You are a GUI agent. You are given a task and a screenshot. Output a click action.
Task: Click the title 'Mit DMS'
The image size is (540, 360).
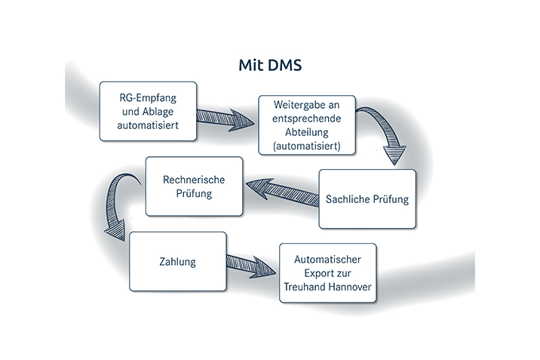269,66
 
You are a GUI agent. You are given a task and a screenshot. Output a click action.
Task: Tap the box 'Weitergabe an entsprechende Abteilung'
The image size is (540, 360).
307,125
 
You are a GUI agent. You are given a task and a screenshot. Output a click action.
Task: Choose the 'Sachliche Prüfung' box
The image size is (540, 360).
367,199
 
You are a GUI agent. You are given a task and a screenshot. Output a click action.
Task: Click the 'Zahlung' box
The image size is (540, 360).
177,262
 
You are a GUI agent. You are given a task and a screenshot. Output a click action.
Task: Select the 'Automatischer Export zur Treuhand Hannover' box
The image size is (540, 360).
327,273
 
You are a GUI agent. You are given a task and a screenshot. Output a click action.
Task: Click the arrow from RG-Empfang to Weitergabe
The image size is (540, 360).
226,118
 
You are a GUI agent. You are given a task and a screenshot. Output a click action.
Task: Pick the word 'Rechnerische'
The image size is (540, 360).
194,180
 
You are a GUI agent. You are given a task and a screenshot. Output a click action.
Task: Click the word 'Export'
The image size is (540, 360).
311,273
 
